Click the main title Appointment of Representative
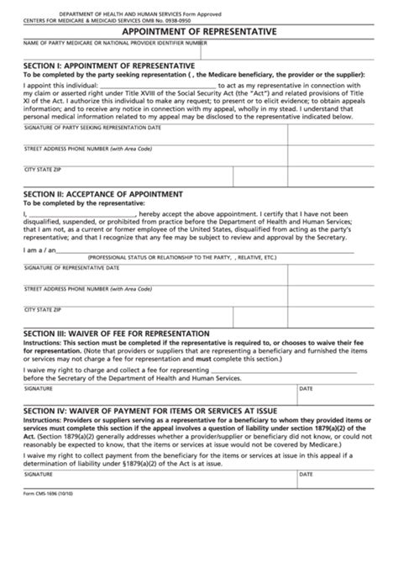[199, 27]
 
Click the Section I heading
[112, 65]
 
